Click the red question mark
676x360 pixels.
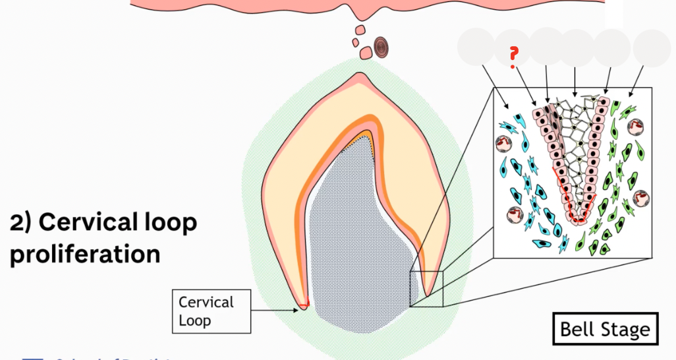pyautogui.click(x=513, y=57)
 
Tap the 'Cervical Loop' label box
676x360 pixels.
pyautogui.click(x=211, y=311)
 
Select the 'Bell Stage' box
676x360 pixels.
pyautogui.click(x=605, y=329)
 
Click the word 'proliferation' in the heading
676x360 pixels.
pyautogui.click(x=85, y=254)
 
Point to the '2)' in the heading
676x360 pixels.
pyautogui.click(x=22, y=223)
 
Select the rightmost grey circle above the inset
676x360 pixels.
pyautogui.click(x=652, y=47)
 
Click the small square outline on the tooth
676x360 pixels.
pyautogui.click(x=426, y=289)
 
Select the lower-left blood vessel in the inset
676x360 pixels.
pyautogui.click(x=515, y=214)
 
